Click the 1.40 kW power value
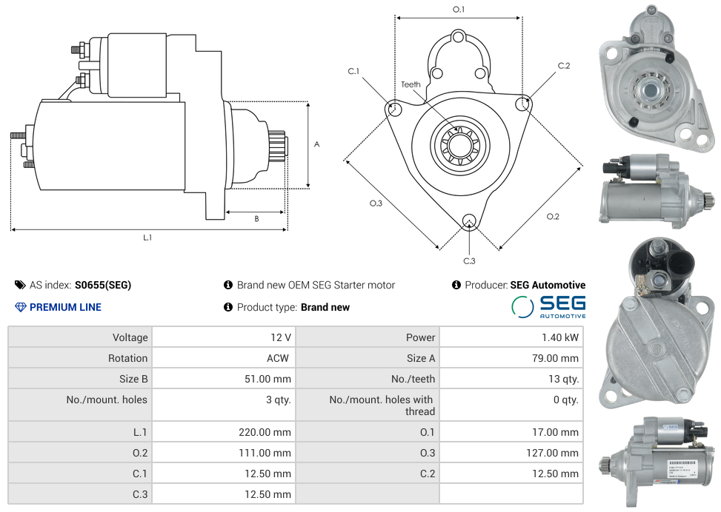560,337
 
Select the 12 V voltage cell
280,337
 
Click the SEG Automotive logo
548,306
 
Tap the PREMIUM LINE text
65,307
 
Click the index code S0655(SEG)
103,285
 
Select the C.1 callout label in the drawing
353,71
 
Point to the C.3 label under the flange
469,260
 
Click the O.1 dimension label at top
459,10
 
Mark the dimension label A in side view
316,144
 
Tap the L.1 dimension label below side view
147,238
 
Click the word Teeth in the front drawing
411,84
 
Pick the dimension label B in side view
256,218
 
